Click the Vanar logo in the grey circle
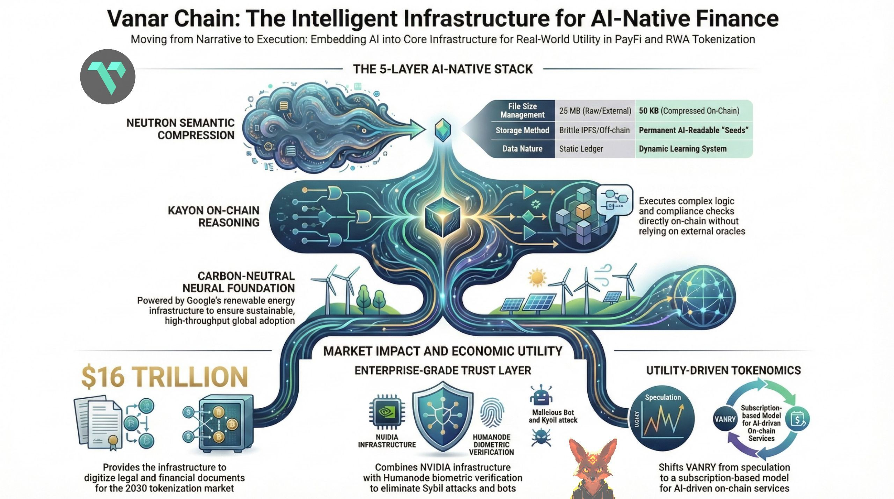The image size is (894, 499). click(x=108, y=76)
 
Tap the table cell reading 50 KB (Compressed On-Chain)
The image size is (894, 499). click(x=689, y=111)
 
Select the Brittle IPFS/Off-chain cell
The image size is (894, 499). click(x=594, y=130)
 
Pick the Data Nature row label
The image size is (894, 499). click(x=522, y=149)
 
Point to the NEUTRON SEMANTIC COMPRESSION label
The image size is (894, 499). click(x=180, y=129)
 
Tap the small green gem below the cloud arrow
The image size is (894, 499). click(x=442, y=130)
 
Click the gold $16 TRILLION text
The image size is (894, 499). click(x=164, y=377)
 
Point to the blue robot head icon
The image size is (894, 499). click(x=541, y=395)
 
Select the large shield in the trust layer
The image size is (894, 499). click(x=442, y=417)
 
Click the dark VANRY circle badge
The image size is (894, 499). click(x=725, y=419)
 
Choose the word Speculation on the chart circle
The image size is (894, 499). click(x=662, y=397)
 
